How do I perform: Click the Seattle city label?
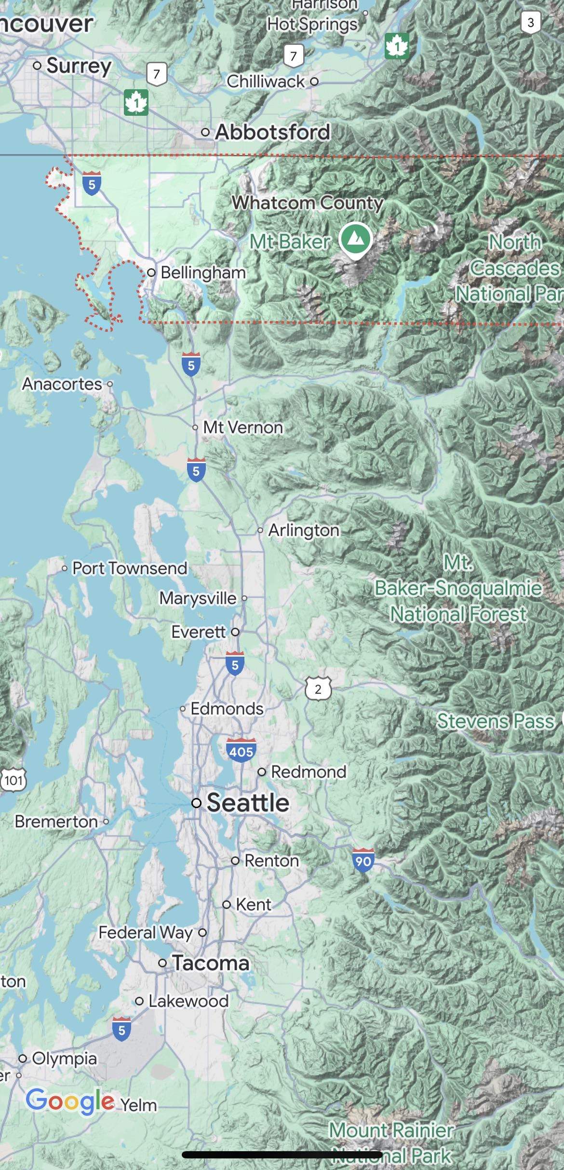pos(247,803)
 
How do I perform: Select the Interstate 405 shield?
pos(241,751)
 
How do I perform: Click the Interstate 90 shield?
pos(363,861)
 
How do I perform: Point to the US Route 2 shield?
pos(318,689)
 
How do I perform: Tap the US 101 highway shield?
pos(13,780)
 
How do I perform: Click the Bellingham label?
pos(203,273)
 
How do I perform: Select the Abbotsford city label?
pos(272,132)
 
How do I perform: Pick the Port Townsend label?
pos(129,568)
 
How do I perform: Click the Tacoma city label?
pos(211,964)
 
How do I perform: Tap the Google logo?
pos(70,1101)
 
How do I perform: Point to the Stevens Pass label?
pos(495,721)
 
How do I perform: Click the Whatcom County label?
pos(308,203)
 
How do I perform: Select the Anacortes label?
pos(62,384)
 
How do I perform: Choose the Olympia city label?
pos(65,1059)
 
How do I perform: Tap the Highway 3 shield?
pos(530,22)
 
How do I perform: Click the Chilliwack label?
pos(266,82)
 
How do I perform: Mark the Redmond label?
pos(309,771)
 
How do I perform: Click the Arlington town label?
pos(304,530)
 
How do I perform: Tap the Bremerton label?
pos(56,822)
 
